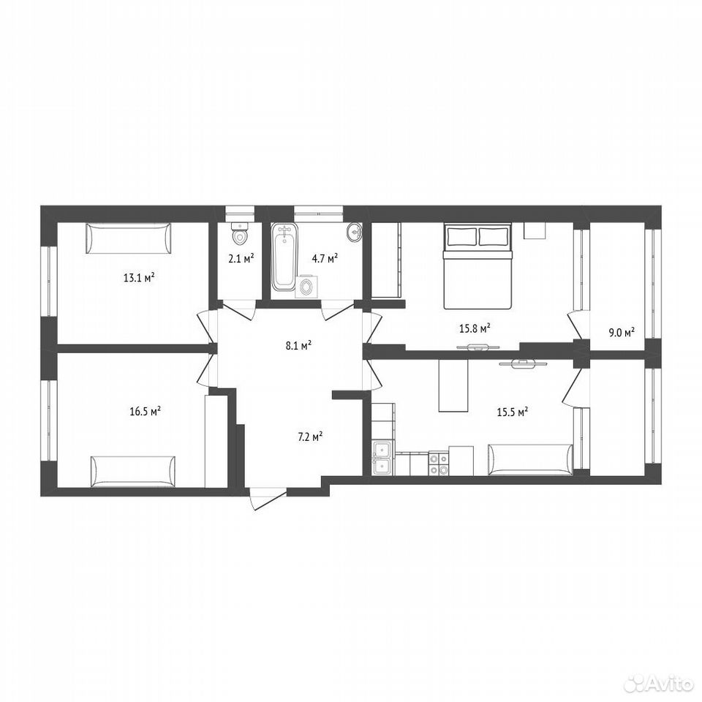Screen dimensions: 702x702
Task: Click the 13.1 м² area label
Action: pos(139,278)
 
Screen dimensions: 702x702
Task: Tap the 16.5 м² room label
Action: pos(146,411)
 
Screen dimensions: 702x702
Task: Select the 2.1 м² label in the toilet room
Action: pos(241,258)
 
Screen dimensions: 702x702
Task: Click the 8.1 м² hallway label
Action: pos(298,345)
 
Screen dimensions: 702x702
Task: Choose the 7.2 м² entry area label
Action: pos(311,437)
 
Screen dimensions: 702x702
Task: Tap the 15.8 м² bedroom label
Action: pos(475,328)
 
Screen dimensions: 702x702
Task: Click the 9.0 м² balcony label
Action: pos(622,332)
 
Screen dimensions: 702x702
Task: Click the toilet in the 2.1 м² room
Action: pos(240,232)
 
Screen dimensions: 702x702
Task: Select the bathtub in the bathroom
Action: pos(284,257)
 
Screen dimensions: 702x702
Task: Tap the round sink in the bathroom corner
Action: pos(355,233)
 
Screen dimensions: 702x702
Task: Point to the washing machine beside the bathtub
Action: pos(306,287)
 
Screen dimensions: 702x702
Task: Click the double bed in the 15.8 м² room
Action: pos(478,267)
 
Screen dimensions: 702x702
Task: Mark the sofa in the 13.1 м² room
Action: pos(129,238)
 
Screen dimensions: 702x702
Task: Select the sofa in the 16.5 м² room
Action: pos(133,472)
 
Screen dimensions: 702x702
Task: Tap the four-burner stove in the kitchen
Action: pos(438,464)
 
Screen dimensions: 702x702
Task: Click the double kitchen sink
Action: pos(383,458)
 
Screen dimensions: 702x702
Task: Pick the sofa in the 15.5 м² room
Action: pos(531,459)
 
